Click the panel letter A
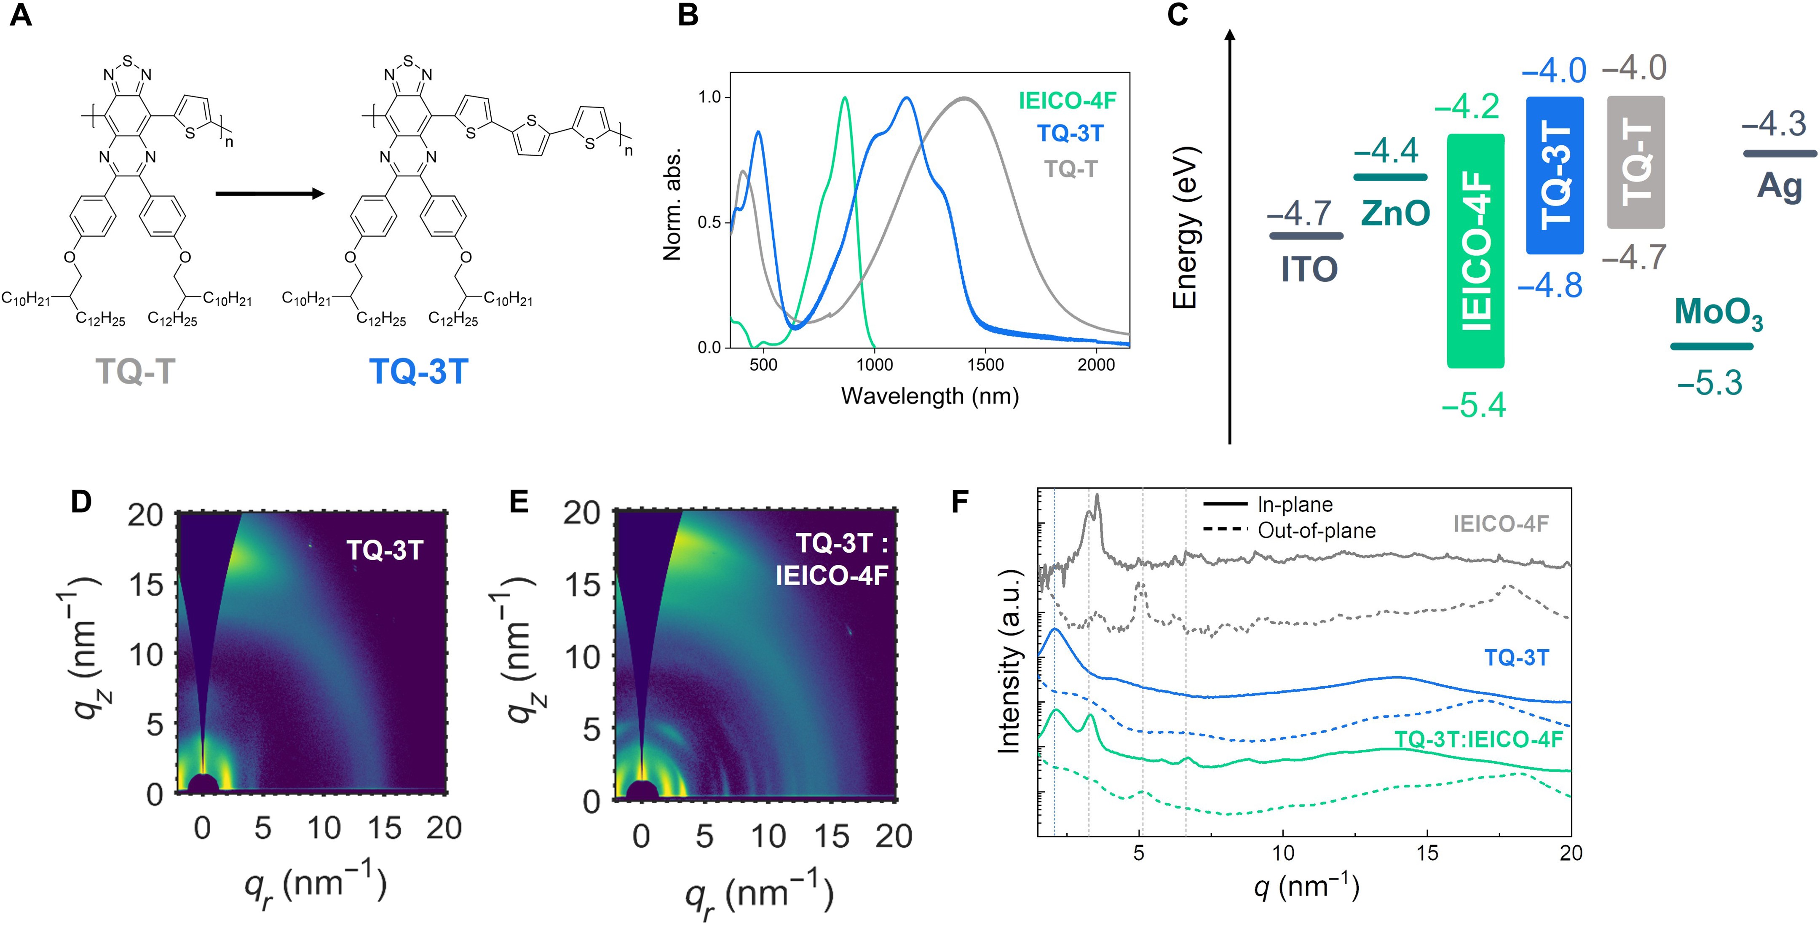point(21,15)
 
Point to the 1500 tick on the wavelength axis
point(985,365)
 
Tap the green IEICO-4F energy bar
point(1475,251)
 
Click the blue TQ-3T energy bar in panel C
point(1554,175)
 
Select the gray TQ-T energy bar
point(1635,163)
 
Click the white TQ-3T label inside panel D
point(384,550)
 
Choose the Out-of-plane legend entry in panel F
point(1316,531)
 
